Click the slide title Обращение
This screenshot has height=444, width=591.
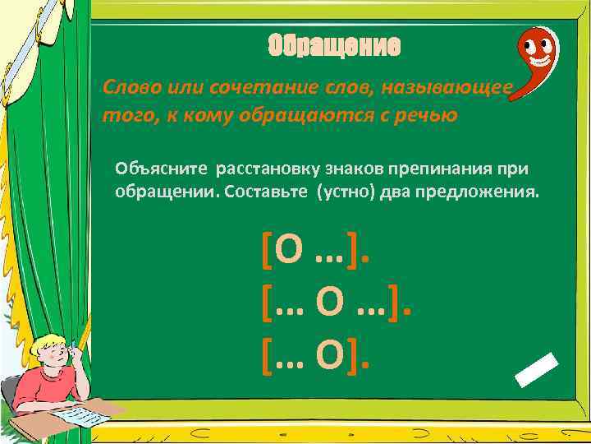pyautogui.click(x=335, y=48)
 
